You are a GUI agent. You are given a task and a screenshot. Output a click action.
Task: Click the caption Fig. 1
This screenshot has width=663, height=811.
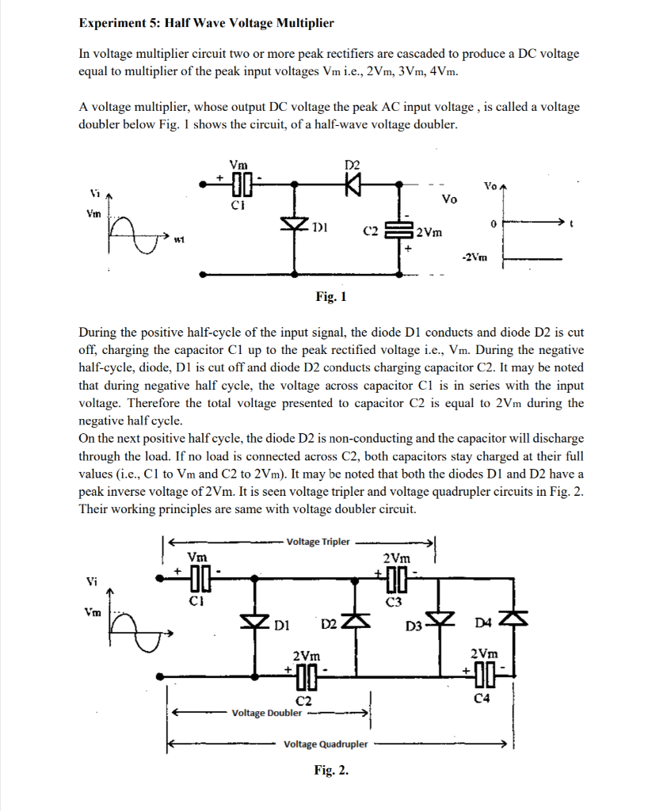tap(331, 297)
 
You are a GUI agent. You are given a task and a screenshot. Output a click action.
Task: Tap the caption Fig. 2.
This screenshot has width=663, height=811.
tap(331, 770)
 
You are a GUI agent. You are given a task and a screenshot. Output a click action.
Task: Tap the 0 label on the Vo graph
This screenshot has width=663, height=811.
tap(492, 225)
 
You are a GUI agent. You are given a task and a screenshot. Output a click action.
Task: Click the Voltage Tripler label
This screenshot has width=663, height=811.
tap(318, 543)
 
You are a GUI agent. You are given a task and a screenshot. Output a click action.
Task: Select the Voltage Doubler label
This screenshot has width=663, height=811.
tap(266, 713)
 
